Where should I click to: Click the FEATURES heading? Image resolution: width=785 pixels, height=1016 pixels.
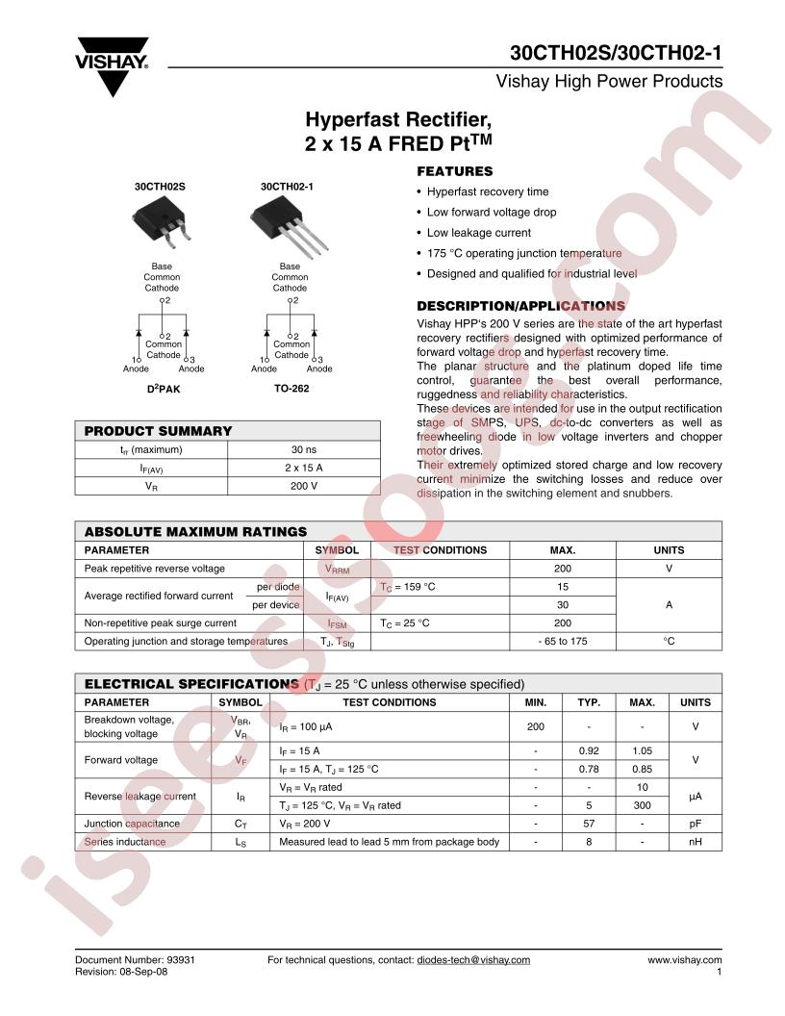(x=454, y=171)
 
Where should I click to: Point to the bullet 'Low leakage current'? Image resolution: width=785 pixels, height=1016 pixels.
(x=478, y=233)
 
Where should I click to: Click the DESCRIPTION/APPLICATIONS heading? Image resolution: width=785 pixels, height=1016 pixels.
(x=520, y=306)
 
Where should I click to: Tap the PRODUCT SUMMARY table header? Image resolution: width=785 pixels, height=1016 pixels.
(x=159, y=431)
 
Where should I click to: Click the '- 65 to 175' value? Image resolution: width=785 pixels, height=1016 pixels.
(x=562, y=641)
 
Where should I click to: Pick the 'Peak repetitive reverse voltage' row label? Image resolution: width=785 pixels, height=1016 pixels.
(x=155, y=569)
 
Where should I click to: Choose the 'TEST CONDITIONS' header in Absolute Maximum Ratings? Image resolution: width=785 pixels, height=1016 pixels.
(x=441, y=550)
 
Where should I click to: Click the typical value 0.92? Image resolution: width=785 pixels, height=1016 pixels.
(x=589, y=750)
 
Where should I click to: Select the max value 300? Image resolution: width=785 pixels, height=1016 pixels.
(x=642, y=805)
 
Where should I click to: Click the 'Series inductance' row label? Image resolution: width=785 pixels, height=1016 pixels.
(x=125, y=842)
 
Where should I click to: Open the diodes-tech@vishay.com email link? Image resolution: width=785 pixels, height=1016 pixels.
(x=472, y=959)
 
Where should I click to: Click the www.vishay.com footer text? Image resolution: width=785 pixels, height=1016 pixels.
(x=684, y=959)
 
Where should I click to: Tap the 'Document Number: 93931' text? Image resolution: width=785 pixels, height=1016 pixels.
(x=136, y=959)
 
